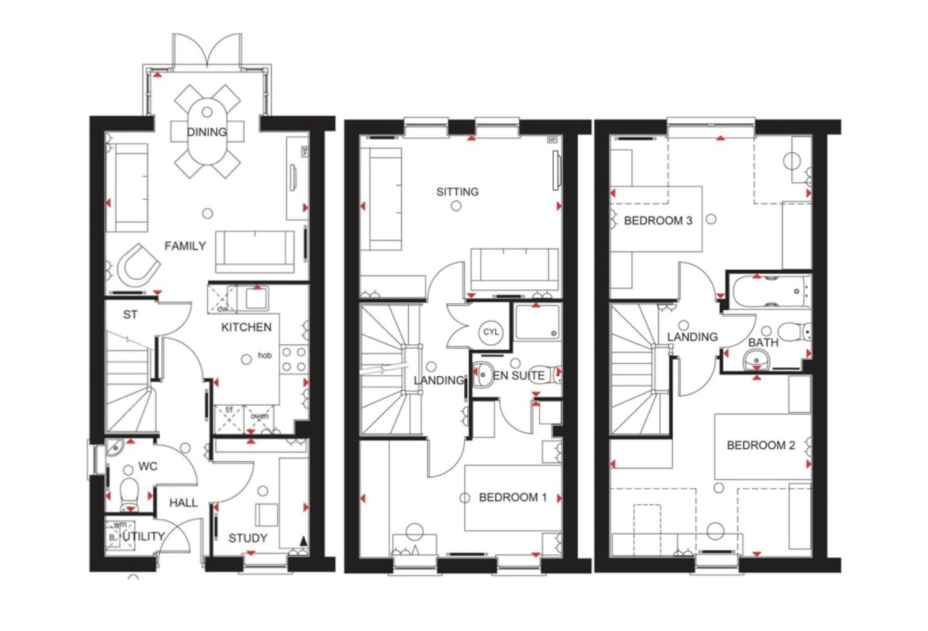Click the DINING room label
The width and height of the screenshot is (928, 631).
[x=207, y=132]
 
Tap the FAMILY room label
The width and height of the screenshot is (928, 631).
[x=185, y=246]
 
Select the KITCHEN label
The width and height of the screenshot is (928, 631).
[x=246, y=327]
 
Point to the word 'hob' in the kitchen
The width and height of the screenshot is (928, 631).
[x=264, y=355]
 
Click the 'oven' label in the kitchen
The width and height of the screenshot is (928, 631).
[x=260, y=416]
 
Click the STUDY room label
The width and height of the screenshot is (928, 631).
[x=247, y=538]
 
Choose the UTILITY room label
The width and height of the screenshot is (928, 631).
[x=144, y=536]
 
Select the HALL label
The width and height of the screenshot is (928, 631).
[x=183, y=503]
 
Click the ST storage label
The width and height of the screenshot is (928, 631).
[x=131, y=315]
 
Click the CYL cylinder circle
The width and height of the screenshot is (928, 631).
[x=491, y=332]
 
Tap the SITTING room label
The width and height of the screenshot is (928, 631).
[x=457, y=192]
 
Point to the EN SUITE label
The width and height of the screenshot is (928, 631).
[x=519, y=376]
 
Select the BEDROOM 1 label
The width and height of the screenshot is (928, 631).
[x=512, y=498]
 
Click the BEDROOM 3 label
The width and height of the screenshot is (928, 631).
[x=658, y=221]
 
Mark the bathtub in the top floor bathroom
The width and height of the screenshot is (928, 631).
[x=771, y=291]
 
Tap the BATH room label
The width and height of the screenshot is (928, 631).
[x=763, y=343]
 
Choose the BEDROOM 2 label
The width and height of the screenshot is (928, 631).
[x=760, y=445]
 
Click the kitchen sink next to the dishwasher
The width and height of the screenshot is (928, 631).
[x=255, y=299]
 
